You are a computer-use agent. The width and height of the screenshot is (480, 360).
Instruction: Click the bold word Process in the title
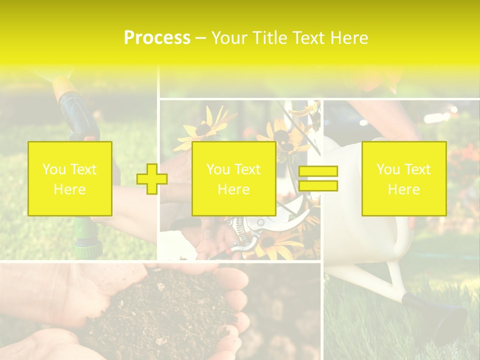pyautogui.click(x=157, y=37)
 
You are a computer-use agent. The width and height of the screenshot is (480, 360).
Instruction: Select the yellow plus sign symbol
pyautogui.click(x=152, y=178)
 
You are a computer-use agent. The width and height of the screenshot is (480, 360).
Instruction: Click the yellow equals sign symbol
pyautogui.click(x=318, y=178)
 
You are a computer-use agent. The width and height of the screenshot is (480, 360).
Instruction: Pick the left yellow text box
pyautogui.click(x=69, y=178)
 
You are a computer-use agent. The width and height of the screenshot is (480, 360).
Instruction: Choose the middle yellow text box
pyautogui.click(x=233, y=178)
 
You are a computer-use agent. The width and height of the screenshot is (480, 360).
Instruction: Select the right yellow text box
pyautogui.click(x=403, y=178)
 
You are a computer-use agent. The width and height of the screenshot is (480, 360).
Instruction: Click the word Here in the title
pyautogui.click(x=349, y=37)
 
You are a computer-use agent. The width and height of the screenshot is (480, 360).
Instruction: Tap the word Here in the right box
pyautogui.click(x=403, y=189)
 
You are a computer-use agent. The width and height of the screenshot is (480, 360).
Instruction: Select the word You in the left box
pyautogui.click(x=53, y=169)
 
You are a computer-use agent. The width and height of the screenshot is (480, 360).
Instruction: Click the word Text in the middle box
pyautogui.click(x=247, y=169)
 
